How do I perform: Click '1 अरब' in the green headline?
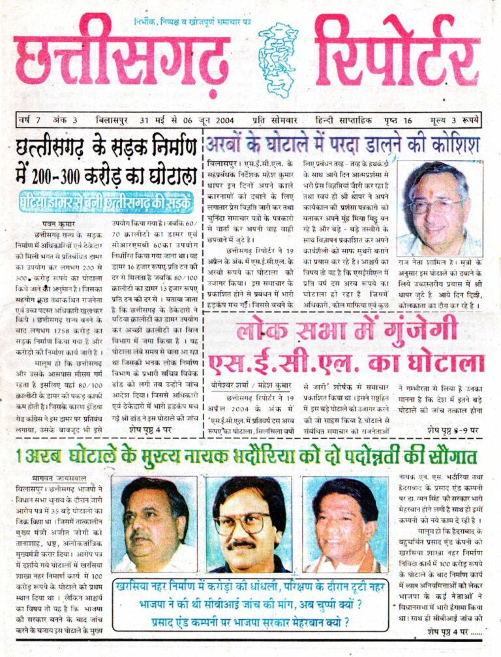(34, 456)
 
